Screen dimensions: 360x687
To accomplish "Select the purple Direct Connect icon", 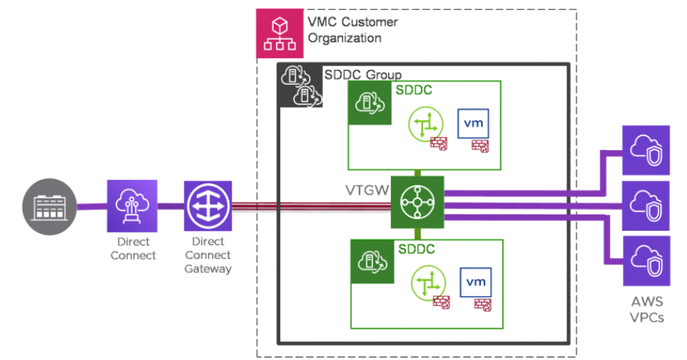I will pyautogui.click(x=132, y=206).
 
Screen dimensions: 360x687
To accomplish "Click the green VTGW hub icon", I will pyautogui.click(x=417, y=202).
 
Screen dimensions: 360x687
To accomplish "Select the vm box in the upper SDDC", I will pyautogui.click(x=475, y=125).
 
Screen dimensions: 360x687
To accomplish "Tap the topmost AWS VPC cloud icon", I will pyautogui.click(x=646, y=150).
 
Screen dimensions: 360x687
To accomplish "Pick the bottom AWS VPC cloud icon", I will pyautogui.click(x=646, y=262).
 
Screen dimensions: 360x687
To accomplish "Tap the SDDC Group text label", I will pyautogui.click(x=362, y=74).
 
